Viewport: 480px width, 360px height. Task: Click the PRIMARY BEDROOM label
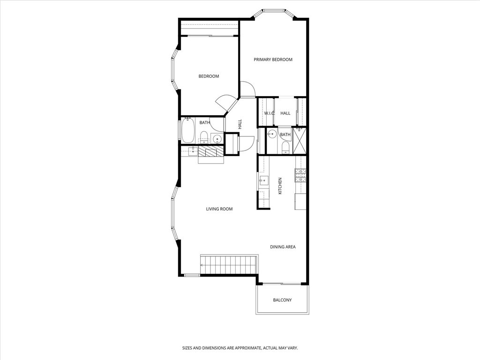coord(273,60)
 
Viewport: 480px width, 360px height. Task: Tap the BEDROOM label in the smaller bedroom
coord(209,76)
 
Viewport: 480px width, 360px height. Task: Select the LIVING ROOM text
coord(219,209)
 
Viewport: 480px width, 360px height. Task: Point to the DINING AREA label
coord(283,247)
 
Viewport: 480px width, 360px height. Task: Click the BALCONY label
coord(282,300)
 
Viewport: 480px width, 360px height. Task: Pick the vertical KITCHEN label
coord(280,186)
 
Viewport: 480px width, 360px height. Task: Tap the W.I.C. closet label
coord(269,113)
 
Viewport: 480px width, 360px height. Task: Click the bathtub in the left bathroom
coord(189,131)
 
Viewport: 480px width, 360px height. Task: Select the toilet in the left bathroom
coord(204,136)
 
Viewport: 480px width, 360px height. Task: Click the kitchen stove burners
coord(300,175)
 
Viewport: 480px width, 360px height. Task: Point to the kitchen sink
coord(263,180)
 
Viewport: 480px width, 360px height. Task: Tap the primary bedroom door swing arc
coord(247,89)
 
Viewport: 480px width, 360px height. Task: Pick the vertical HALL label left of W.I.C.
coord(240,124)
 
